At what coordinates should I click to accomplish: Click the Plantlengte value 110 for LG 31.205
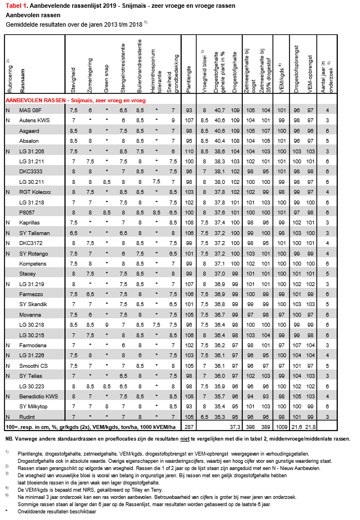[189, 151]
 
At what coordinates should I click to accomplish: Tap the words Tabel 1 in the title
[16, 6]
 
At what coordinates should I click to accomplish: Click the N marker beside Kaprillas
[8, 222]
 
